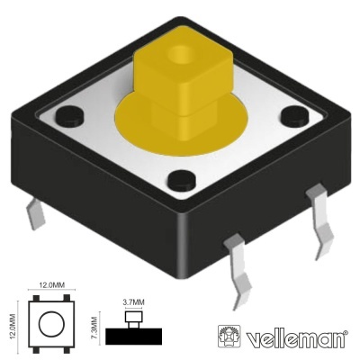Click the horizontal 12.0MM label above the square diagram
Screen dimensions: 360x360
tap(52, 285)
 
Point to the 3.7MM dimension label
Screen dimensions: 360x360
tap(132, 304)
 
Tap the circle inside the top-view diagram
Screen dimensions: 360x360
tap(52, 321)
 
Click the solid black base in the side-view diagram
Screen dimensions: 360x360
tap(133, 337)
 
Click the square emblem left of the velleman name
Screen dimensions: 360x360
tap(230, 336)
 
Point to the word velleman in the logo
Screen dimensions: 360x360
tap(296, 338)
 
